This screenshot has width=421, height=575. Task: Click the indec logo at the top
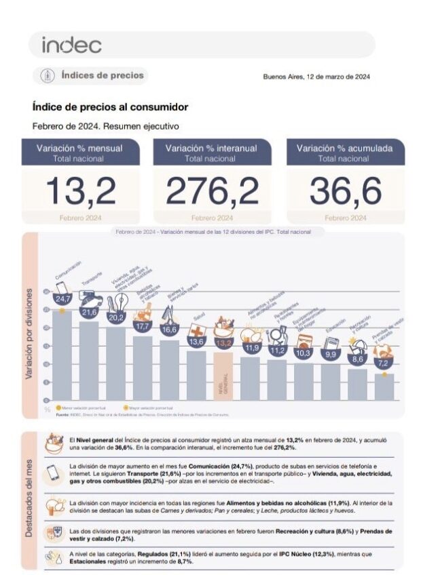[x=72, y=45]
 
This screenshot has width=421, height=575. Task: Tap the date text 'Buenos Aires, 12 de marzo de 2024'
[x=316, y=77]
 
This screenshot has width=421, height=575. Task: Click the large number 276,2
[x=212, y=191]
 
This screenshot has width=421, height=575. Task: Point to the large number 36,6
[x=345, y=191]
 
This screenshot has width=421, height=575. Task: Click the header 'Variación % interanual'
[x=212, y=148]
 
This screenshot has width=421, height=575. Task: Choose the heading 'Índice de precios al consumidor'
[x=110, y=107]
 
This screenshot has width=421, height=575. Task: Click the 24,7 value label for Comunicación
[x=63, y=299]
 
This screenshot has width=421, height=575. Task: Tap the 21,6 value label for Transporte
[x=89, y=312]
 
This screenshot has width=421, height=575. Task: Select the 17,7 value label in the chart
[x=143, y=326]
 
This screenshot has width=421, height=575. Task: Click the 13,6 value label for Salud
[x=196, y=342]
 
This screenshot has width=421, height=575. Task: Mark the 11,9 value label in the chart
[x=253, y=348]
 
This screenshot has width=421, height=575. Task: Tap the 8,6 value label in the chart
[x=358, y=359]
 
